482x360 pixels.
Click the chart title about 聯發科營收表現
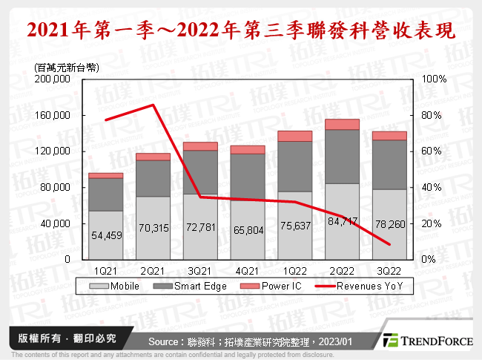point(240,30)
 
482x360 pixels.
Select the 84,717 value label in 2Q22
point(342,221)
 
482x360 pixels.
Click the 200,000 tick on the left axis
point(52,79)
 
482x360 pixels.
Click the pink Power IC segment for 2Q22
point(342,125)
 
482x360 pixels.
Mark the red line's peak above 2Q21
point(153,105)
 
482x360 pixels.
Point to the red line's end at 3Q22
point(389,244)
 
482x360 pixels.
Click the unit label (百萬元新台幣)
point(60,68)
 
